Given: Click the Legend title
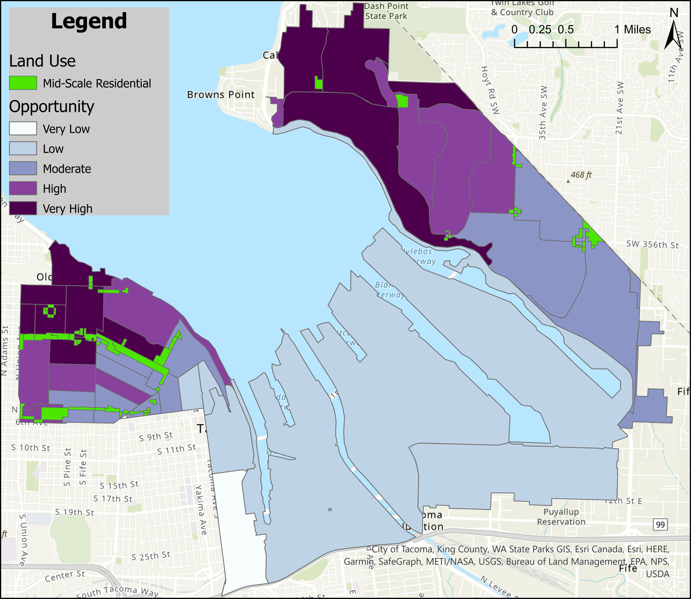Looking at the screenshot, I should pos(89,21).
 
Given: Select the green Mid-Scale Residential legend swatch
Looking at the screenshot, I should pos(23,83).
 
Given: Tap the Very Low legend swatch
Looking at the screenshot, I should pos(23,129).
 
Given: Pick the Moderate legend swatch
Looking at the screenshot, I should pos(23,168).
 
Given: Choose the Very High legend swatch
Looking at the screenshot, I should pos(23,209).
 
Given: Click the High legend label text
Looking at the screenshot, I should pos(54,189).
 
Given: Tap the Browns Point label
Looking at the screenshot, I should pos(221,95).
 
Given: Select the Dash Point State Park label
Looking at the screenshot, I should pos(386,11).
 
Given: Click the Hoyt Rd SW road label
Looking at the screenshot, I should pos(490,90).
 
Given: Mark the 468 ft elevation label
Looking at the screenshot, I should pos(581,175).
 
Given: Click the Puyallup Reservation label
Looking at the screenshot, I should pos(561,516).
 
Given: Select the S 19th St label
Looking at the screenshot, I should pos(74,512).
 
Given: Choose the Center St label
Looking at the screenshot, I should pos(65,576).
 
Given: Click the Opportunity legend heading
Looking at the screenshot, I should pos(51,106).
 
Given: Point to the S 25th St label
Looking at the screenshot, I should pos(151,556).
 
